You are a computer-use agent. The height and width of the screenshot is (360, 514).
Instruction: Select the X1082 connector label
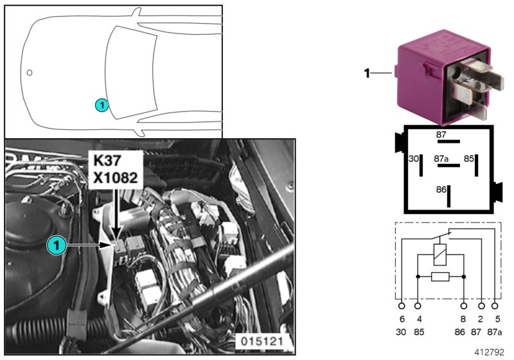[114, 177]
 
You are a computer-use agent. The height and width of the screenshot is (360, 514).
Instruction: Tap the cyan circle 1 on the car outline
[102, 104]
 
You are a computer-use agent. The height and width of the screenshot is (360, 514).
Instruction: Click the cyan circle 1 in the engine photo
[56, 245]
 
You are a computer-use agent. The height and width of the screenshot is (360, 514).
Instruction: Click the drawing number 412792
[491, 352]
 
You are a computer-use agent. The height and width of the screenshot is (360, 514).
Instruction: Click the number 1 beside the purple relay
[368, 74]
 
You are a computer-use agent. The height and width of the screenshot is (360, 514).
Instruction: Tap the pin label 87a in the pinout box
[441, 157]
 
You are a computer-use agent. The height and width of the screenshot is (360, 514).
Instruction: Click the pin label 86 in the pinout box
[441, 190]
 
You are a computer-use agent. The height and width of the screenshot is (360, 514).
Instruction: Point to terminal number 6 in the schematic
[402, 319]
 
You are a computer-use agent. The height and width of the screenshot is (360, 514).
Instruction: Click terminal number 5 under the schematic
[496, 319]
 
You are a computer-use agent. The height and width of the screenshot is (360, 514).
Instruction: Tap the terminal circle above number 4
[418, 307]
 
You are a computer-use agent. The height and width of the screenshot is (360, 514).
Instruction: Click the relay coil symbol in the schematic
[441, 253]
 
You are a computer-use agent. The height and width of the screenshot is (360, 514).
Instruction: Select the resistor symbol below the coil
[441, 276]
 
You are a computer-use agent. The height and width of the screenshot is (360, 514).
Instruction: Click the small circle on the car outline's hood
[30, 72]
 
